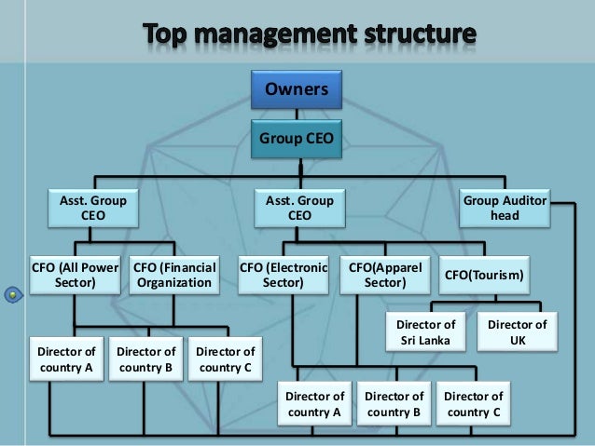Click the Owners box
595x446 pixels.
point(297,91)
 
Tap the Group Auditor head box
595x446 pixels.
point(505,208)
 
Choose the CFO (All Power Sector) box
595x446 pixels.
point(76,276)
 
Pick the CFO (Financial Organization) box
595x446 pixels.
point(174,276)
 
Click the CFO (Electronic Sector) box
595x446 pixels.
point(284,276)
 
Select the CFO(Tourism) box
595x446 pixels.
point(484,276)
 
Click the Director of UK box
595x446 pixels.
point(517,332)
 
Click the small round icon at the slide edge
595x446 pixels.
point(12,296)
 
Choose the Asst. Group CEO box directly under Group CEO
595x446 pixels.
point(298,208)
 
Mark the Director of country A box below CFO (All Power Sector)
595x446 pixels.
point(64,359)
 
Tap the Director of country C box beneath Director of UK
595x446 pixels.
point(473,403)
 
